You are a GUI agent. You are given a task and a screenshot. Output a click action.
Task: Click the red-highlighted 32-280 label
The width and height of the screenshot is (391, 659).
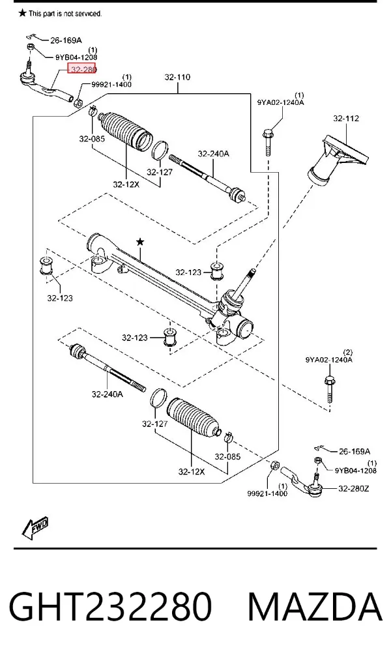coord(82,68)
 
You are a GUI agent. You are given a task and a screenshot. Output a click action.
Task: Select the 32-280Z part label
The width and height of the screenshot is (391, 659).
coord(354,488)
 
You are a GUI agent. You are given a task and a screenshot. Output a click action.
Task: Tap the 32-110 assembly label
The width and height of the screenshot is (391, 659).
coord(177,77)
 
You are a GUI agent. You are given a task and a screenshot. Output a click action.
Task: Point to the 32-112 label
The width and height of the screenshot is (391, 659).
coord(346,118)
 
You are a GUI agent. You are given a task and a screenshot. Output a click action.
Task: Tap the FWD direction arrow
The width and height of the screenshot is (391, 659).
coord(35,527)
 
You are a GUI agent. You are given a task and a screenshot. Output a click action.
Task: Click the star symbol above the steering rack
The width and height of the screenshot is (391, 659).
coord(140,242)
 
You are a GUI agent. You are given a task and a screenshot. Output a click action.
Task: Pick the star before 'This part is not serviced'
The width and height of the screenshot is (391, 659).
coord(22,13)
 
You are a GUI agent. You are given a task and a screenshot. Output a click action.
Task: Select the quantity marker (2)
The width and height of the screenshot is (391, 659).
coord(348,352)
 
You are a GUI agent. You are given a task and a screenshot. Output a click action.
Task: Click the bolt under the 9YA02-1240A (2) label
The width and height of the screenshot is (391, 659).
coord(330,390)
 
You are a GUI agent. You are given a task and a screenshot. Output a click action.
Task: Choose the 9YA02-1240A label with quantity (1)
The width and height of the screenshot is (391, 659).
coord(281,102)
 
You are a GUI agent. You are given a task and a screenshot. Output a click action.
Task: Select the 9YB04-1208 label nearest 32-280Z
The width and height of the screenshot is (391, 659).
coord(355,470)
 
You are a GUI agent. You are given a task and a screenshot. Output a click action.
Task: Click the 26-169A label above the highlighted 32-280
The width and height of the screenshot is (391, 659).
coord(66,40)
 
